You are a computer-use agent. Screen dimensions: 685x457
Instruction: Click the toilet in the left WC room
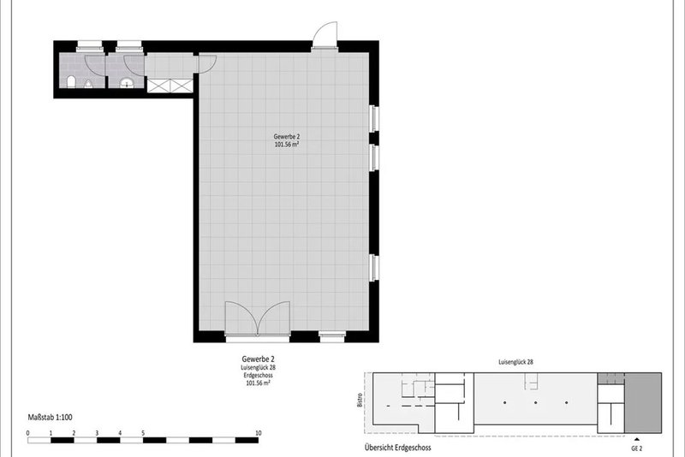[x=71, y=81]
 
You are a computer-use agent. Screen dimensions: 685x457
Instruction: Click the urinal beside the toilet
[x=88, y=84]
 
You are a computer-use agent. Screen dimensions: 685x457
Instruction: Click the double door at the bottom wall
[x=258, y=318]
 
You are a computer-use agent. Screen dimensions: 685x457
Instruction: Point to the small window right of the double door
[x=332, y=336]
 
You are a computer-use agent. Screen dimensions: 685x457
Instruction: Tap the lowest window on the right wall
[x=374, y=268]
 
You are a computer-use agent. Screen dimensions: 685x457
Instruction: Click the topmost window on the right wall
[x=374, y=118]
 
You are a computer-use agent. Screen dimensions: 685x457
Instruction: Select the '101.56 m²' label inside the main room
[x=287, y=145]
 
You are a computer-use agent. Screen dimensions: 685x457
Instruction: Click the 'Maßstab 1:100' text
[x=51, y=418]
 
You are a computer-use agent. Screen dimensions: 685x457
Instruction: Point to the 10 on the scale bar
[x=259, y=433]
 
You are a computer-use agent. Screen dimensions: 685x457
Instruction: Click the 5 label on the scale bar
[x=143, y=433]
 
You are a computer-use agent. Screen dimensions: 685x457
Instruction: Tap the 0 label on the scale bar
[x=28, y=433]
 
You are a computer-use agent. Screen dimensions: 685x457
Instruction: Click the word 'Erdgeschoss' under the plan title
[x=259, y=376]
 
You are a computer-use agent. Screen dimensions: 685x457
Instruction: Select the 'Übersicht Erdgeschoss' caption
[x=397, y=448]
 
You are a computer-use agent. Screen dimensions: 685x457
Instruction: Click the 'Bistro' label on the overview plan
[x=360, y=401]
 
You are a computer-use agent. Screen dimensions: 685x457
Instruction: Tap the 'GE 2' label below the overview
[x=636, y=448]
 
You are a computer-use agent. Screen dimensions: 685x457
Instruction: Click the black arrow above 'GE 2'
[x=636, y=439]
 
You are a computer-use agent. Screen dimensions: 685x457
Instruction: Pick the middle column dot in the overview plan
[x=536, y=402]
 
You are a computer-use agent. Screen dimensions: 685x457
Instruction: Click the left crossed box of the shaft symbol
[x=158, y=86]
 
